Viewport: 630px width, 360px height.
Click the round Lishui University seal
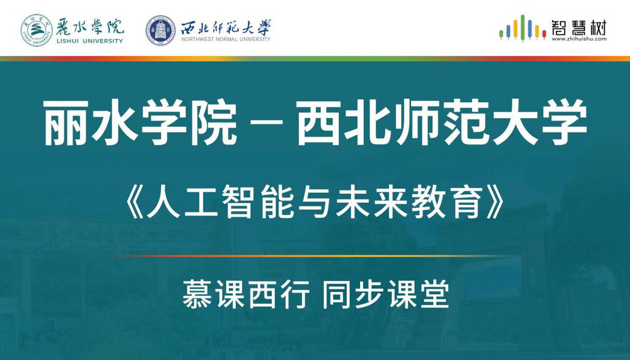[37, 30]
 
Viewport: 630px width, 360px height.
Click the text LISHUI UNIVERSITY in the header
[89, 41]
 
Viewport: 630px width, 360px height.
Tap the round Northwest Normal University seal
[161, 30]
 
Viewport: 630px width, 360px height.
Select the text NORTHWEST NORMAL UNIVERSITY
[225, 39]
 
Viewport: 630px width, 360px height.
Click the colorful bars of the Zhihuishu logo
[522, 28]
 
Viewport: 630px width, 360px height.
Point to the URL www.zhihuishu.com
[579, 39]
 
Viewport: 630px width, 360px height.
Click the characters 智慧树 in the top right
[579, 27]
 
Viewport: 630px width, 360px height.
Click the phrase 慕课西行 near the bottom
[247, 294]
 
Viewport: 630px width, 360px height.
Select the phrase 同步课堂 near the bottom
[386, 294]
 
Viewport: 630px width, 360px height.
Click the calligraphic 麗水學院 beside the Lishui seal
[89, 27]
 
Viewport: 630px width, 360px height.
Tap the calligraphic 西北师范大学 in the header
[226, 27]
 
